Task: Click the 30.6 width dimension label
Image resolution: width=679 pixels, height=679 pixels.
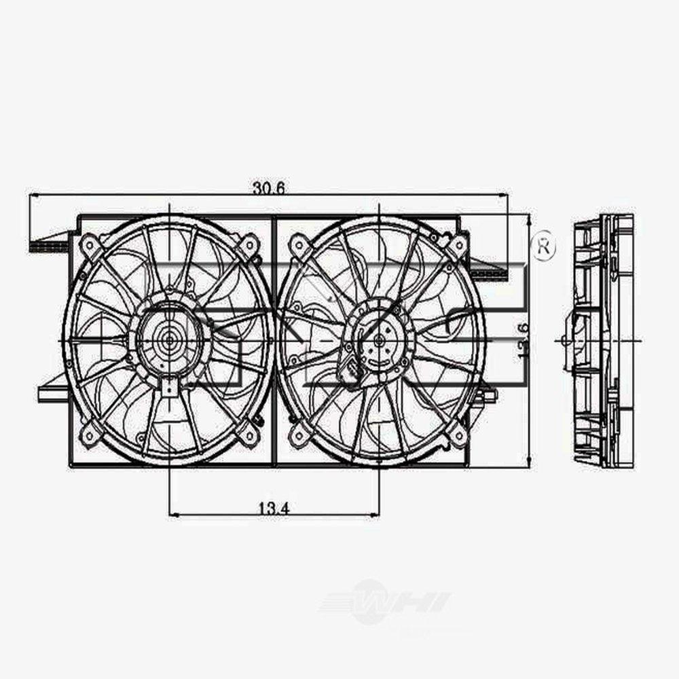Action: click(268, 188)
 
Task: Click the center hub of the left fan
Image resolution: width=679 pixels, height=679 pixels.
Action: click(166, 337)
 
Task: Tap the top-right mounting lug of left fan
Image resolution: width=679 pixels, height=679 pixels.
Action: click(249, 244)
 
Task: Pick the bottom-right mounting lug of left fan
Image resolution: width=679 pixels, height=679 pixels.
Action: click(249, 434)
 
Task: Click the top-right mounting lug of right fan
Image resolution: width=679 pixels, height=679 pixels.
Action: click(457, 245)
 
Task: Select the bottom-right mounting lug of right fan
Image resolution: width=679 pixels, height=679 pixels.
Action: click(457, 433)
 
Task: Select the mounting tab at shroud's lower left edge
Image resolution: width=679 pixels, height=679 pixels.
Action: click(53, 392)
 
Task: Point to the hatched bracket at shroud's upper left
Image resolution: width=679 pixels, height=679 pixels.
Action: click(49, 245)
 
